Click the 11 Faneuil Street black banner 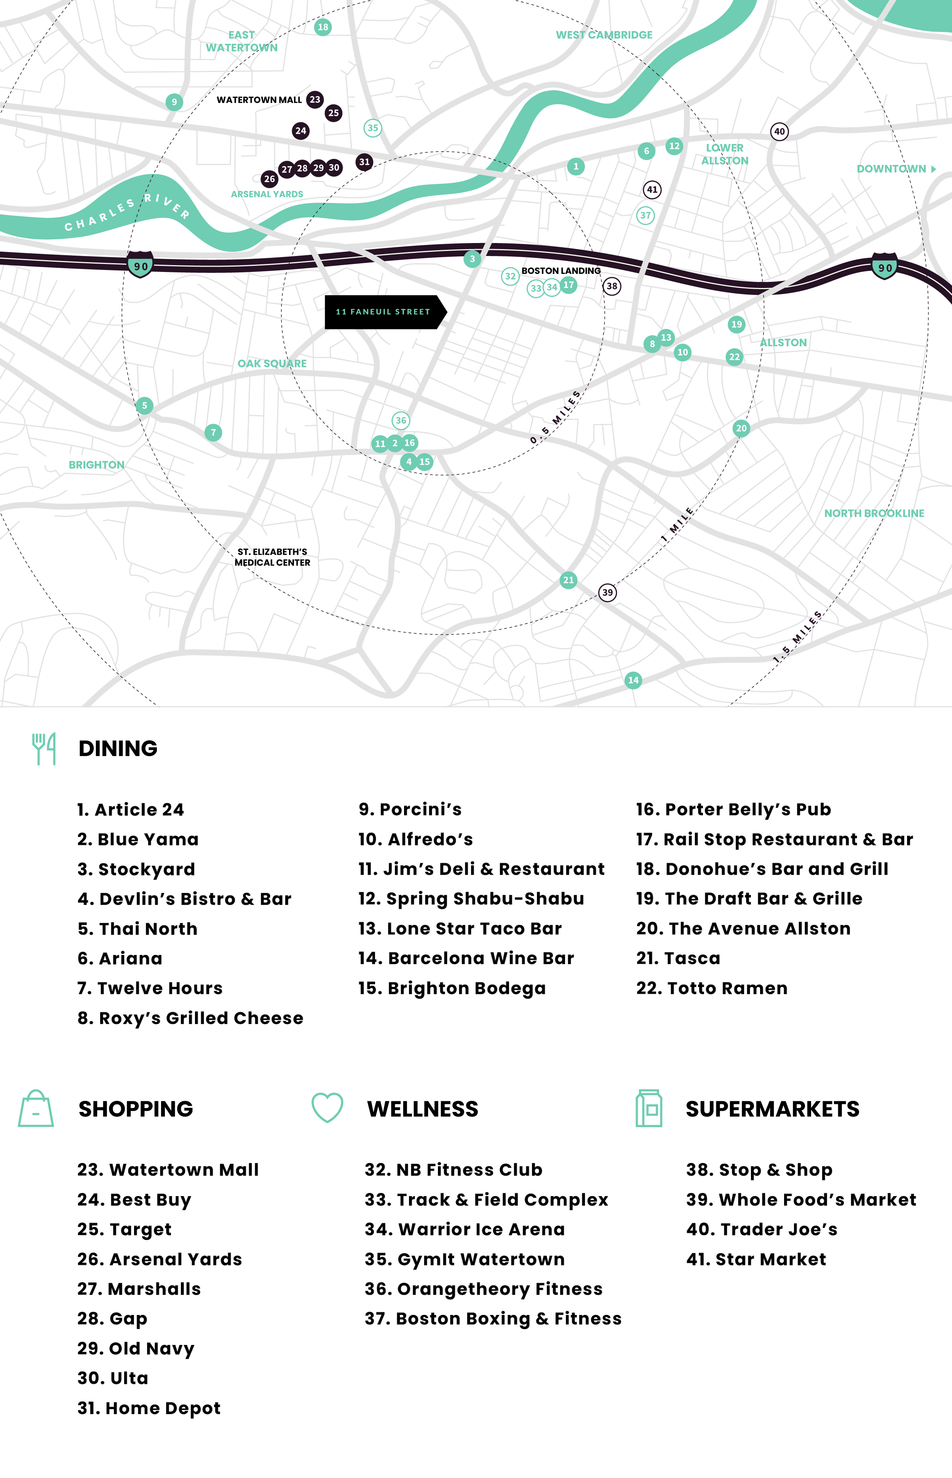(x=383, y=312)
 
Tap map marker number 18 (x=323, y=27)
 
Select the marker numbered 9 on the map (x=174, y=102)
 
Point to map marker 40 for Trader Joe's (x=779, y=132)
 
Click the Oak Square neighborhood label (x=272, y=364)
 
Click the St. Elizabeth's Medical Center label (x=273, y=557)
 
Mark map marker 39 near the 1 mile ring (x=608, y=592)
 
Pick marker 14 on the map (x=633, y=680)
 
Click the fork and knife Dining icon (x=44, y=748)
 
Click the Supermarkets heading (x=772, y=1109)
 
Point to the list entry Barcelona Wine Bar (x=466, y=958)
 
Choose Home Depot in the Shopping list (x=149, y=1408)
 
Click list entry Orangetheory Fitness (x=483, y=1289)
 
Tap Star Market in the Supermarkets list (x=756, y=1259)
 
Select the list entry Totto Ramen (x=712, y=988)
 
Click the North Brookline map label (x=874, y=513)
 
